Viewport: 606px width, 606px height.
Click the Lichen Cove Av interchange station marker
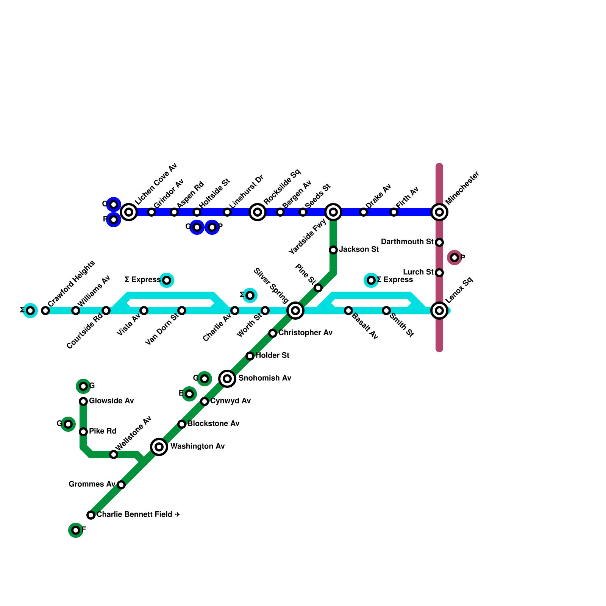tap(129, 212)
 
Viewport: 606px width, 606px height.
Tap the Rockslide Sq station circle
tap(258, 212)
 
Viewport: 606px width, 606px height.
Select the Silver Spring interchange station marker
tap(295, 311)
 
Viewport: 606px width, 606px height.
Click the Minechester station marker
tap(439, 212)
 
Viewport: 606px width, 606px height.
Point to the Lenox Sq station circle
tap(439, 311)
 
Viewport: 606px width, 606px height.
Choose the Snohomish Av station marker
tap(227, 378)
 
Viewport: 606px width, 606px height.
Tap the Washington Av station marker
tap(159, 447)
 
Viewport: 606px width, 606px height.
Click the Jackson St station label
tap(359, 249)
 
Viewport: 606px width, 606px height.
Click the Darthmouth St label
tap(407, 242)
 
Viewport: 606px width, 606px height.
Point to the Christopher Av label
tap(305, 333)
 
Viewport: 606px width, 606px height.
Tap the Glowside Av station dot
tap(83, 401)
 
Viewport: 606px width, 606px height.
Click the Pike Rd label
tap(103, 431)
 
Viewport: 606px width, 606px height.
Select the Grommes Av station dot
tap(121, 484)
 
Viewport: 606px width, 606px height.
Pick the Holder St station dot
tap(250, 356)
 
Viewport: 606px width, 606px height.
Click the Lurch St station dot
tap(439, 272)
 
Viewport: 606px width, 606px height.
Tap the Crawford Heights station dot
tap(45, 311)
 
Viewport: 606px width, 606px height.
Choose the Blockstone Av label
tap(213, 423)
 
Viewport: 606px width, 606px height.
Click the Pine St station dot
tap(318, 288)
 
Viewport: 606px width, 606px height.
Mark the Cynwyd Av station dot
tap(205, 401)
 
